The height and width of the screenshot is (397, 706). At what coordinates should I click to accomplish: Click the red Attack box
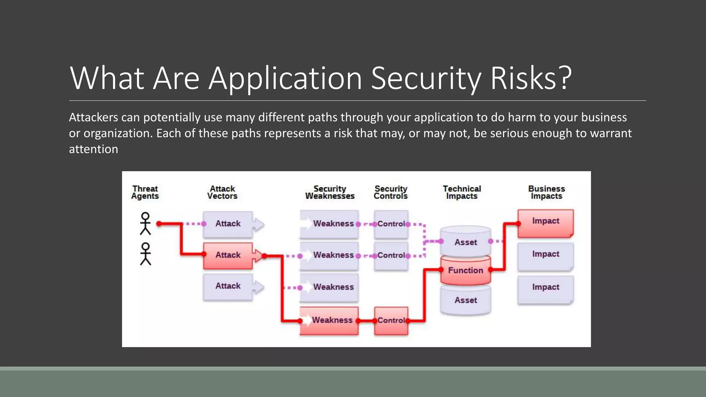[x=228, y=255]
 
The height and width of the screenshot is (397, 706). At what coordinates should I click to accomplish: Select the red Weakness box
[x=329, y=320]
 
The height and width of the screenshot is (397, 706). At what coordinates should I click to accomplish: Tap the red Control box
[x=391, y=320]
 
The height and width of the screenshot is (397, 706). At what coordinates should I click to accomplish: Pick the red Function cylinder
[x=465, y=271]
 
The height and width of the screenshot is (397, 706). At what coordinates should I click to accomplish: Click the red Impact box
[x=545, y=222]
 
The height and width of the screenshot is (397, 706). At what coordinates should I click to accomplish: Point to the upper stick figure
[x=145, y=223]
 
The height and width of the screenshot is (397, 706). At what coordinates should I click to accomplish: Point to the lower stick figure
[x=145, y=254]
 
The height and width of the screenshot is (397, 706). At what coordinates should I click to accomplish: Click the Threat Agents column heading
[x=145, y=192]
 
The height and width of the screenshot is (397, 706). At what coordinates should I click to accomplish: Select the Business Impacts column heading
[x=546, y=192]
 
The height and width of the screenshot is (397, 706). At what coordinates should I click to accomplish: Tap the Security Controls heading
[x=391, y=192]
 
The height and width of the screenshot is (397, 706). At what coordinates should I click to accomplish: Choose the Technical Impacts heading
[x=462, y=192]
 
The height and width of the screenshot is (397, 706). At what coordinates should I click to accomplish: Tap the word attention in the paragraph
[x=93, y=149]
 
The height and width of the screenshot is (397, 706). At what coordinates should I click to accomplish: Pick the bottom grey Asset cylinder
[x=465, y=301]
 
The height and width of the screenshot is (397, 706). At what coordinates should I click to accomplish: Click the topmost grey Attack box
[x=228, y=224]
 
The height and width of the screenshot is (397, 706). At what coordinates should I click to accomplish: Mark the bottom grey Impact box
[x=545, y=288]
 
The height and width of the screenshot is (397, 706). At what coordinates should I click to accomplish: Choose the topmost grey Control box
[x=391, y=224]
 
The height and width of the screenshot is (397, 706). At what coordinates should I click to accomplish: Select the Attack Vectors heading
[x=222, y=192]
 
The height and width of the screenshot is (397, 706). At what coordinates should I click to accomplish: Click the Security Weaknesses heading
[x=330, y=192]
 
